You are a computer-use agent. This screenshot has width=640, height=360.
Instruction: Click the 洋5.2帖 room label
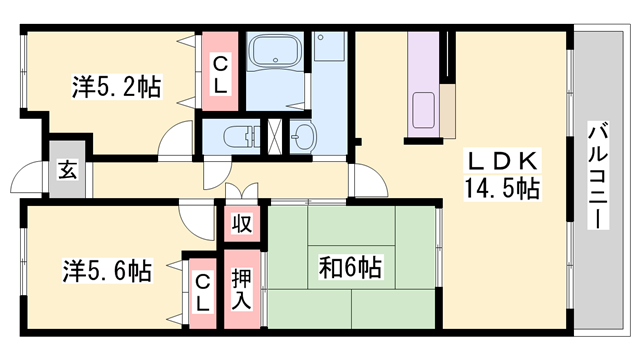click(x=116, y=87)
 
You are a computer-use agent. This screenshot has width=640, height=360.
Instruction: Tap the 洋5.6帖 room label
click(x=109, y=270)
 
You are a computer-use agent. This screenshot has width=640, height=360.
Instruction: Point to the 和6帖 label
click(x=349, y=267)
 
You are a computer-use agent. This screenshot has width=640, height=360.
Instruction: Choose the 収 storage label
click(x=240, y=222)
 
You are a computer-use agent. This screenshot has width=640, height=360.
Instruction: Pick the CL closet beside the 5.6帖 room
click(x=203, y=288)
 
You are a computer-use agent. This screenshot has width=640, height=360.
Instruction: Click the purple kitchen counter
click(x=422, y=85)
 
